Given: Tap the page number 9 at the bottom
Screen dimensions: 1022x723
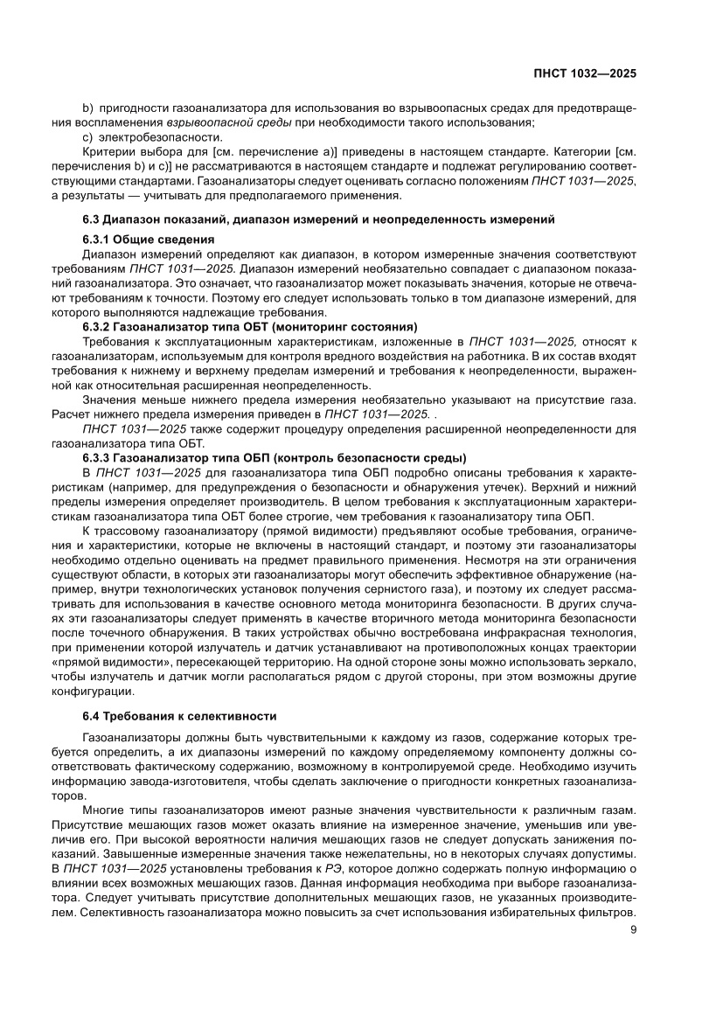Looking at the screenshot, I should (x=632, y=929).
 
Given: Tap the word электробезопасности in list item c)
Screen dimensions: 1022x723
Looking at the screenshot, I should (x=159, y=137).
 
